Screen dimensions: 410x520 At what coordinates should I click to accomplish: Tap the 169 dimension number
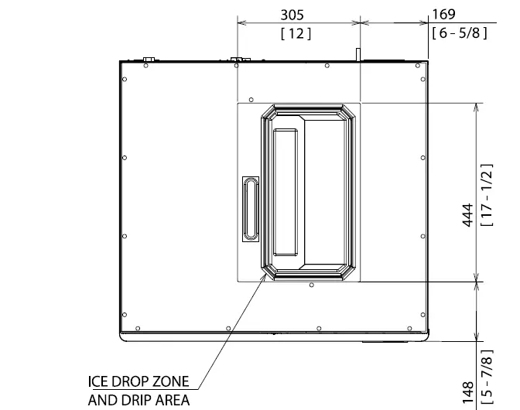(443, 14)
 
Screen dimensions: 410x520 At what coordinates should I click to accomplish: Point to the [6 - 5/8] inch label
(460, 35)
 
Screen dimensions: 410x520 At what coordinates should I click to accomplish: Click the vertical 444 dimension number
(468, 216)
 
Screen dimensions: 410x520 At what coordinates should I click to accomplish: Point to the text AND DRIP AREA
(139, 400)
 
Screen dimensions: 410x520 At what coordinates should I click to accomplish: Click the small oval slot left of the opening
(251, 209)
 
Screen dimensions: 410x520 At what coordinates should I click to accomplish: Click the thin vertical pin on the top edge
(358, 53)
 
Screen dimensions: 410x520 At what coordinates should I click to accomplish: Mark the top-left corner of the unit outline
(121, 62)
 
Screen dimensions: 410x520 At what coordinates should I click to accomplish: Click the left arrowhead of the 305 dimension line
(238, 24)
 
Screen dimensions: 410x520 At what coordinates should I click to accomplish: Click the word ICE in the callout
(97, 382)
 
